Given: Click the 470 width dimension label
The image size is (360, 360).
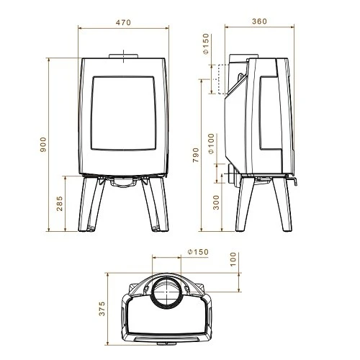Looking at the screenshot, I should click(123, 23).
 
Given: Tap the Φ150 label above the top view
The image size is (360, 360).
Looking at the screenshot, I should click(196, 252).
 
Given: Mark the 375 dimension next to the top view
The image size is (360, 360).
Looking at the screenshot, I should click(102, 309).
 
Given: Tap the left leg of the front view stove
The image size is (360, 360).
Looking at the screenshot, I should click(88, 205).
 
